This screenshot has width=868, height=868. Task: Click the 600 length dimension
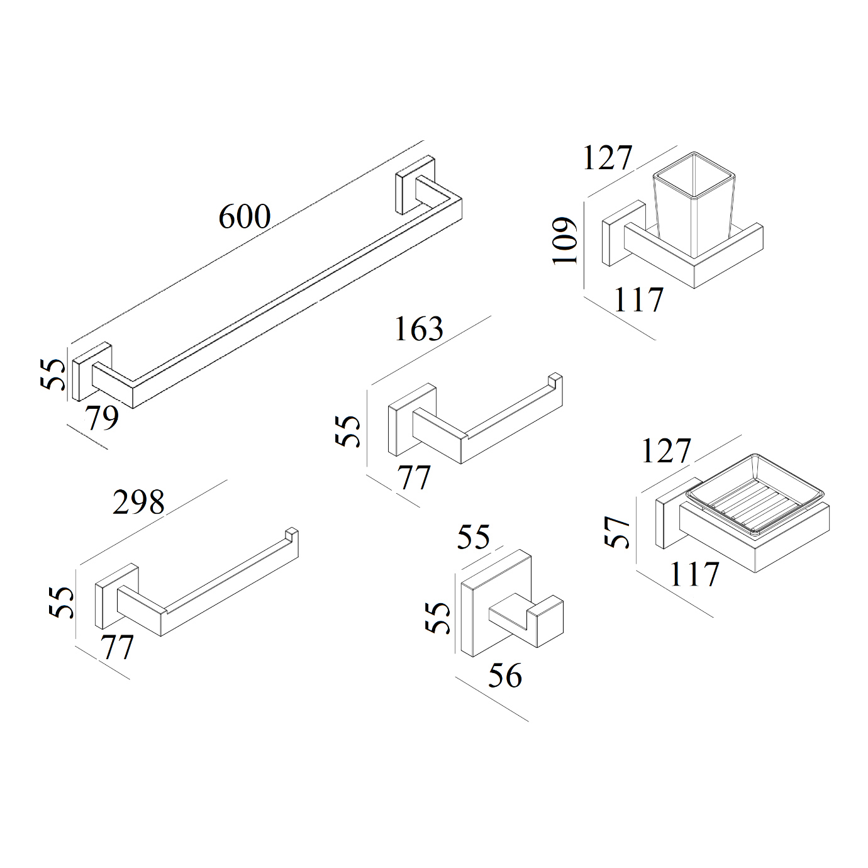245,216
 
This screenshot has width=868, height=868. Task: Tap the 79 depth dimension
103,418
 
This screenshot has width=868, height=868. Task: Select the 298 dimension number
139,502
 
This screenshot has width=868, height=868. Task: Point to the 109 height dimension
564,240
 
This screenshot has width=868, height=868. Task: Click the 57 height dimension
616,531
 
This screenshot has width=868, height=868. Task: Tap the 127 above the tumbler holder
608,158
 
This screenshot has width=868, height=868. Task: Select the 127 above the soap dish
665,450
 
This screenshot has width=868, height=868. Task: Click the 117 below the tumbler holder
638,299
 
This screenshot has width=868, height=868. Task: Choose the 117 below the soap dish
694,574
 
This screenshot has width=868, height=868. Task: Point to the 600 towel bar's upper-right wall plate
415,185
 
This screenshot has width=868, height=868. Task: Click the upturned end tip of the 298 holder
292,533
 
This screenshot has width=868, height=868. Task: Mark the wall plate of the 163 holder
413,419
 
